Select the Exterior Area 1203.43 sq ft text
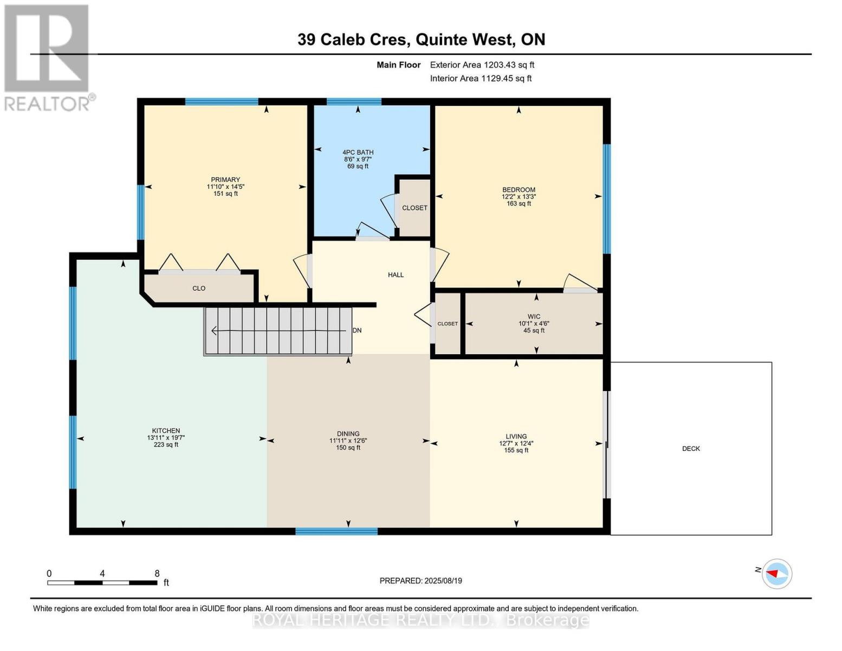pos(482,65)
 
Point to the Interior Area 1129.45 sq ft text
pos(481,78)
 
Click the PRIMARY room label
pos(225,180)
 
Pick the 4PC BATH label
pos(358,152)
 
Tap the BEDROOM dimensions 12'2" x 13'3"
pos(519,197)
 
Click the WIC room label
pos(534,317)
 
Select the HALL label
pos(396,275)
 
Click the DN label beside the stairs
pos(357,330)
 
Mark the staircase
pos(278,331)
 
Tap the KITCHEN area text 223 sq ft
pos(166,445)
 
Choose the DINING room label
pos(348,433)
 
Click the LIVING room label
pos(516,436)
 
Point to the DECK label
pos(691,449)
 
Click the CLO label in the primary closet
pos(199,288)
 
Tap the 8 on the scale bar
pos(157,573)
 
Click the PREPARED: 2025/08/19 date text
pos(420,580)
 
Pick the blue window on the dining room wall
pos(336,531)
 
